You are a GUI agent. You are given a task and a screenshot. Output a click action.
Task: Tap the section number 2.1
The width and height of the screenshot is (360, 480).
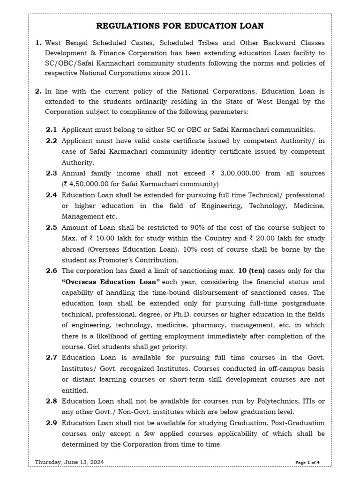click(51, 130)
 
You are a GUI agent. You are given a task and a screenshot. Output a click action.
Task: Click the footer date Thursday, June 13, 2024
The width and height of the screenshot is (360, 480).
click(69, 462)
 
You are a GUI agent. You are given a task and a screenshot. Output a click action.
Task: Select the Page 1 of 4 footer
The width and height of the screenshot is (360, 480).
click(307, 463)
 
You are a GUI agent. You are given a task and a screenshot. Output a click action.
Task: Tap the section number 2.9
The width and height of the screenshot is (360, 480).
click(51, 423)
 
